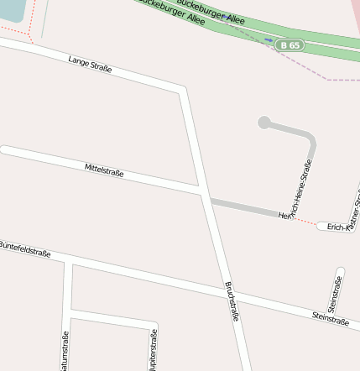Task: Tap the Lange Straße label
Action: pyautogui.click(x=90, y=64)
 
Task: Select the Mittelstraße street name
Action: pyautogui.click(x=104, y=171)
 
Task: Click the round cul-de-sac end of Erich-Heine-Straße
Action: pyautogui.click(x=264, y=123)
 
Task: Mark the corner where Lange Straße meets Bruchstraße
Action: pyautogui.click(x=182, y=87)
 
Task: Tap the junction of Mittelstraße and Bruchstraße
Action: pyautogui.click(x=202, y=194)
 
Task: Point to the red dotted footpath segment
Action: pyautogui.click(x=305, y=222)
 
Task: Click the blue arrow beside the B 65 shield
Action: pyautogui.click(x=268, y=39)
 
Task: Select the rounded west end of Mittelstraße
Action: pyautogui.click(x=4, y=150)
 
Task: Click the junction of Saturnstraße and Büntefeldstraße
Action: pyautogui.click(x=68, y=264)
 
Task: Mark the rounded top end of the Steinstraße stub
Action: pyautogui.click(x=341, y=271)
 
